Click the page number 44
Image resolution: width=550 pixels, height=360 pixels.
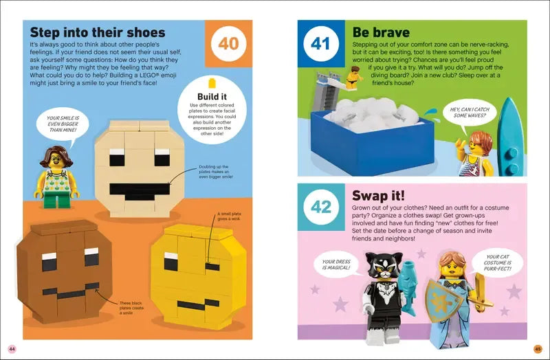point(12,348)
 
